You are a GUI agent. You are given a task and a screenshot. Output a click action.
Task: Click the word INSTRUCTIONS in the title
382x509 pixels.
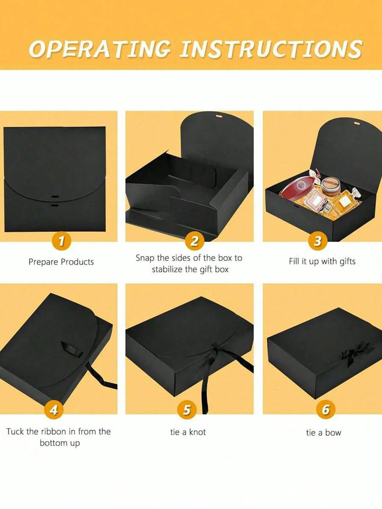coord(270,49)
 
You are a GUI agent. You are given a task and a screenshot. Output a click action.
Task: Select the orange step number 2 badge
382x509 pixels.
coord(194,241)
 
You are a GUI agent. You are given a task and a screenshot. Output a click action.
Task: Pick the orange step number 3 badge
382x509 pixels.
coord(317,241)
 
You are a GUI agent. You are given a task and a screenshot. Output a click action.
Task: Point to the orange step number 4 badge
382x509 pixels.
coord(54,410)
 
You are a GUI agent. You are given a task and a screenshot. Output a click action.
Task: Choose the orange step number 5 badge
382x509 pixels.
coord(187,410)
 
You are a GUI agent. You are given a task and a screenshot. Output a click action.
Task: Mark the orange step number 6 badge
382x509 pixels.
coord(325,410)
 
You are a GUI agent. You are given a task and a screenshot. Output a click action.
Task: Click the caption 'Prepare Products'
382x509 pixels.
coord(61,262)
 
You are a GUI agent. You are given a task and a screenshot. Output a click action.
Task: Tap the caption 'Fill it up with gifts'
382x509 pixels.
coord(322,261)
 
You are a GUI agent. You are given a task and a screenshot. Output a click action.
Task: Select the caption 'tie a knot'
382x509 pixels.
coord(188,432)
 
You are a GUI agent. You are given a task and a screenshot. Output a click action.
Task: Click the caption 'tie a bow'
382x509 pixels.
coord(323,433)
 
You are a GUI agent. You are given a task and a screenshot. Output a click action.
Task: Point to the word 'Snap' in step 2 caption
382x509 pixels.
coord(145,258)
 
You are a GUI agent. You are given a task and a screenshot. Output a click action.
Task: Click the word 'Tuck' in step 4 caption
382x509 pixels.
coord(15,432)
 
